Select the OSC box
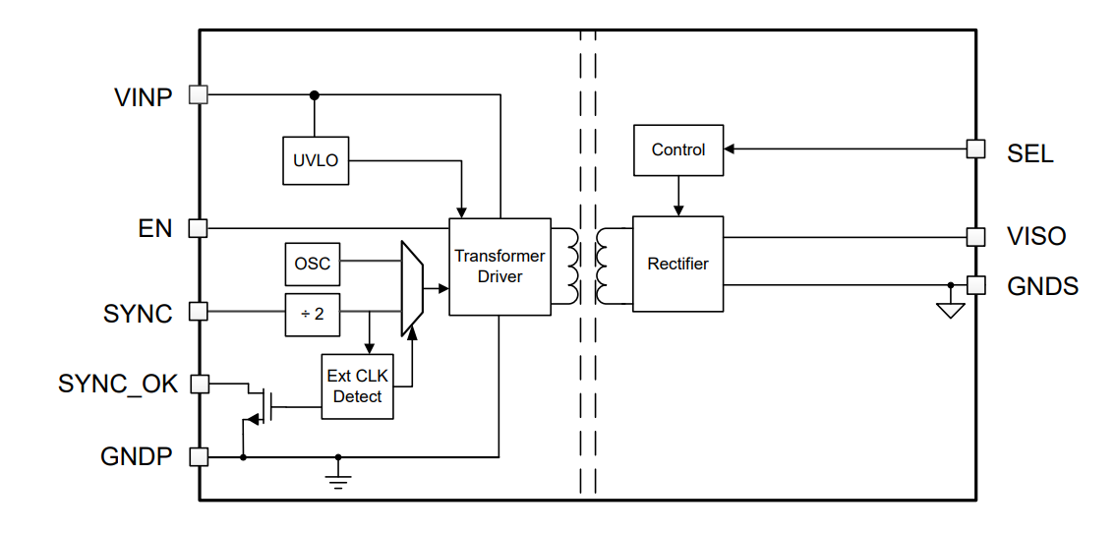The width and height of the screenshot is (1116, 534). (312, 264)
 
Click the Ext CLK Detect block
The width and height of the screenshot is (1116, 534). (357, 386)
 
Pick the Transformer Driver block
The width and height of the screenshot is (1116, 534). (499, 267)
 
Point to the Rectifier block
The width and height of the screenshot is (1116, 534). (677, 264)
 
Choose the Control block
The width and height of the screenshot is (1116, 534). (677, 150)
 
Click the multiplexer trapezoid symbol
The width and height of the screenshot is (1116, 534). (412, 288)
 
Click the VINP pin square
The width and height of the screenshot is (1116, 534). (198, 94)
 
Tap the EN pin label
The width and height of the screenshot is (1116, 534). (155, 229)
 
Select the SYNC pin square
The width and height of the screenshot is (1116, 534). (198, 311)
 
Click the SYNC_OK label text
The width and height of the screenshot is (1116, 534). (118, 384)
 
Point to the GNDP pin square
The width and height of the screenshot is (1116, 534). (198, 456)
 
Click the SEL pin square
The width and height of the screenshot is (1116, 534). (975, 148)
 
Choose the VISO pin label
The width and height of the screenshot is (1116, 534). (1035, 237)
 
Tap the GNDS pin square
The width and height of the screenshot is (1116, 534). (975, 285)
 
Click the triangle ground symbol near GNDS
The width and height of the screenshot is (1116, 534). (950, 310)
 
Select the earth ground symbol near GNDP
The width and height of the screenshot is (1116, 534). (338, 479)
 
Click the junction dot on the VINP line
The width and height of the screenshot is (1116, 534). (315, 95)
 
